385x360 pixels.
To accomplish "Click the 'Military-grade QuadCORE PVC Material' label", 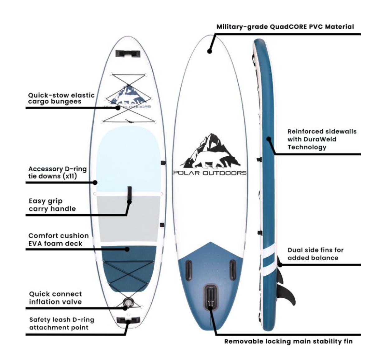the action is tap(285, 26).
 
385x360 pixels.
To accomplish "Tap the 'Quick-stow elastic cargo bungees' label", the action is tap(61, 98).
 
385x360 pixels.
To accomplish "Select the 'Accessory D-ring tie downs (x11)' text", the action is tap(57, 173).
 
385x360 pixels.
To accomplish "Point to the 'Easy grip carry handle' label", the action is tap(52, 205).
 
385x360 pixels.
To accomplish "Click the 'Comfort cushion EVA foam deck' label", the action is tap(58, 239).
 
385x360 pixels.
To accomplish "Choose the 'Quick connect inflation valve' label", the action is tap(55, 298).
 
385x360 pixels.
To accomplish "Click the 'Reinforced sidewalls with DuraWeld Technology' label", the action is tap(322, 139).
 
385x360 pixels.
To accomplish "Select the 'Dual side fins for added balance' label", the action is tap(316, 254).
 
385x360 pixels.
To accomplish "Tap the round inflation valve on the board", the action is tap(128, 302).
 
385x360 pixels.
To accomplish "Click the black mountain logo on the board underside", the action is tap(211, 151).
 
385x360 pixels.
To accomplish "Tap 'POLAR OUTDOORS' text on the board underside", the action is tap(210, 173).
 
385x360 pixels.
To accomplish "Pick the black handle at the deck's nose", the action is tap(128, 53).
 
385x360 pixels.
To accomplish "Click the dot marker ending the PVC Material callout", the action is tap(210, 51).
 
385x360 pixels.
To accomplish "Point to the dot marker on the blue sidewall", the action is tap(269, 139).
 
